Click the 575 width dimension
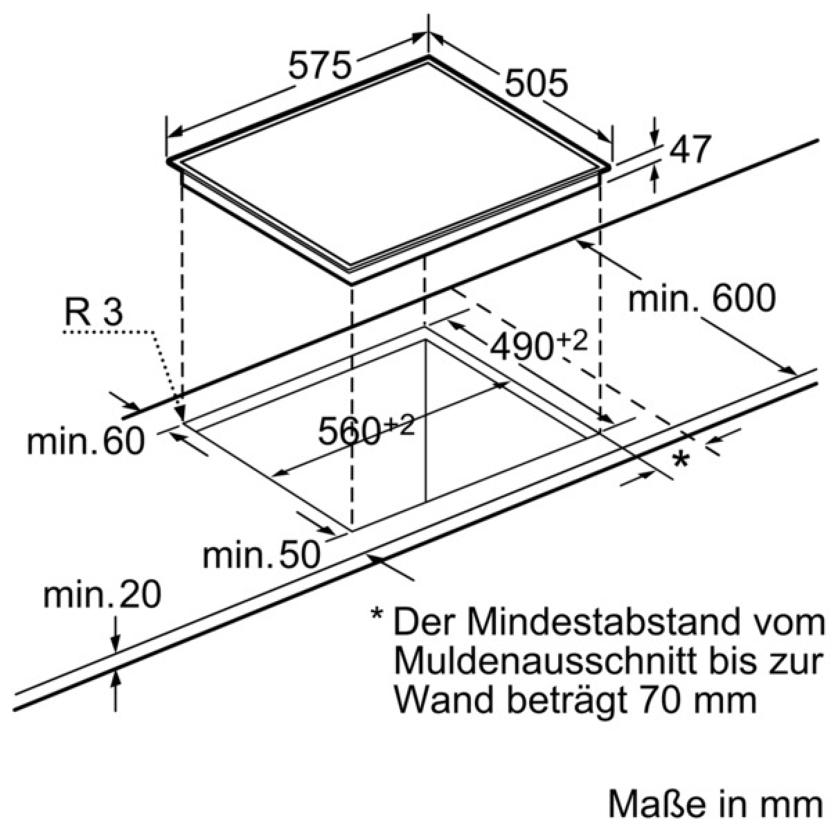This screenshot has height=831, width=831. tap(319, 65)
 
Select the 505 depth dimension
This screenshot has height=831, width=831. tap(535, 83)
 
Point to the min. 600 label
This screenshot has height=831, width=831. tap(702, 297)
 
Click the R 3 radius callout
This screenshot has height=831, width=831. tap(93, 312)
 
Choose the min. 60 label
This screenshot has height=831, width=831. tap(85, 441)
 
